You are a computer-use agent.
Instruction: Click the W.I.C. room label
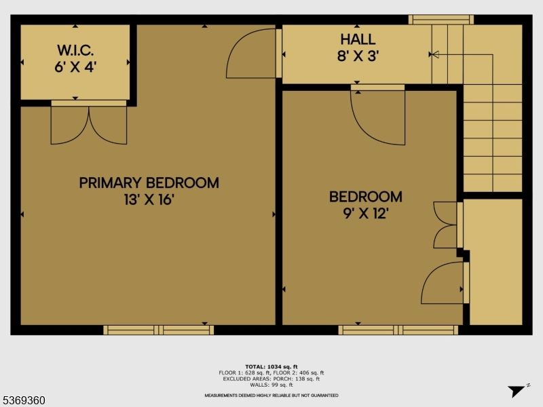click(x=75, y=50)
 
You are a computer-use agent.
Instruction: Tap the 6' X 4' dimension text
click(x=75, y=66)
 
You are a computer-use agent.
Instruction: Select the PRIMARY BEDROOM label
click(x=149, y=182)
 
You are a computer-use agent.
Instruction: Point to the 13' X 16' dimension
click(x=149, y=199)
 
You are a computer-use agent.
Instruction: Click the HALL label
click(x=358, y=40)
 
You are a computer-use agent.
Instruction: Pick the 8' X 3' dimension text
click(x=358, y=56)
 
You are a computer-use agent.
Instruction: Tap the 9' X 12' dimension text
click(x=365, y=214)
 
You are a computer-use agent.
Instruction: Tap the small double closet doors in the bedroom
click(x=447, y=225)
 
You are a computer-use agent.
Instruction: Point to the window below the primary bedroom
click(x=158, y=330)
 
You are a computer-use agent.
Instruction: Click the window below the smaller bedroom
click(x=398, y=330)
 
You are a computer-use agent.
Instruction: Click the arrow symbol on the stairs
click(x=434, y=54)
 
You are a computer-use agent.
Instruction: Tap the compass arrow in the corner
click(x=517, y=390)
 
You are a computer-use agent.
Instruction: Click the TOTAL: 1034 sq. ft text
click(x=271, y=366)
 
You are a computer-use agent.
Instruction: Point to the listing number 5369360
click(x=24, y=400)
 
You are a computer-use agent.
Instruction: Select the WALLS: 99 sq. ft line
click(x=271, y=384)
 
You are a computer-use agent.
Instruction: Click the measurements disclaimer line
click(x=271, y=395)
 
